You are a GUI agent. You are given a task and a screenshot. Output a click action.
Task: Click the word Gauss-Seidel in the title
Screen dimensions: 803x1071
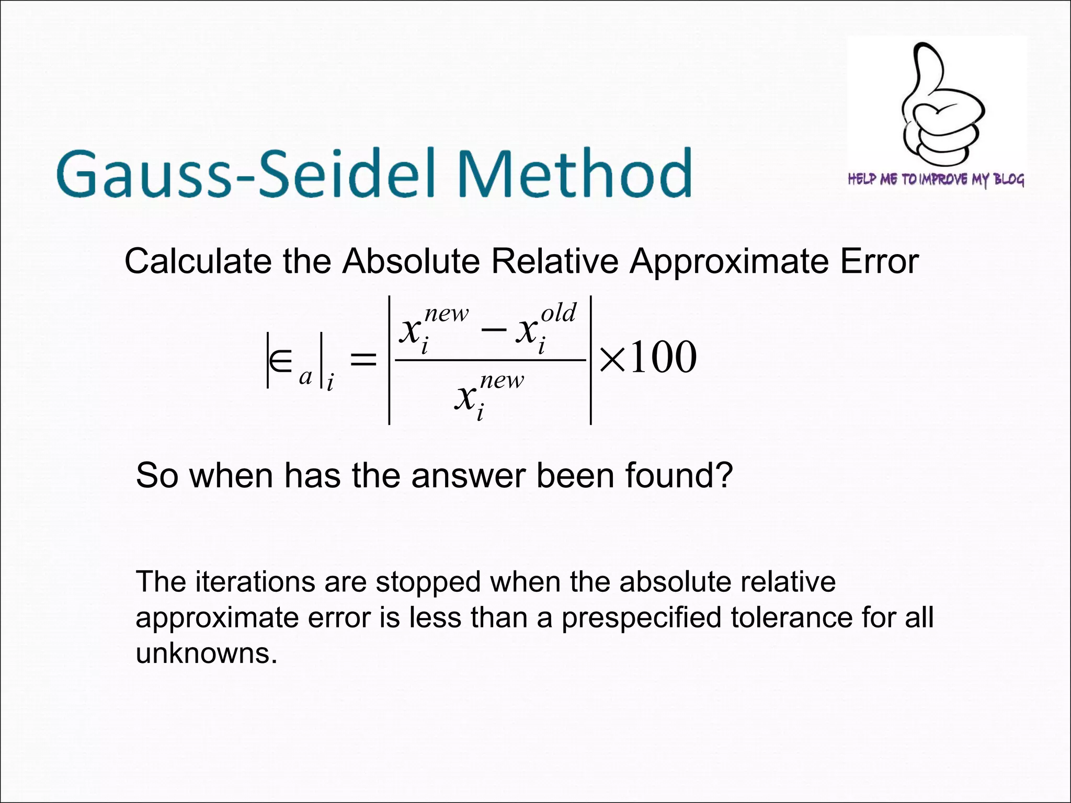point(246,173)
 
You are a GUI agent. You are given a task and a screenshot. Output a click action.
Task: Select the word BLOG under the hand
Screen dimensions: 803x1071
point(1009,179)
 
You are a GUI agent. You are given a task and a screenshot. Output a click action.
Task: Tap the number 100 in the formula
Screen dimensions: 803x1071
point(663,358)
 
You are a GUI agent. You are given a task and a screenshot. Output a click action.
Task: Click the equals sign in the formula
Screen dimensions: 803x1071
point(363,359)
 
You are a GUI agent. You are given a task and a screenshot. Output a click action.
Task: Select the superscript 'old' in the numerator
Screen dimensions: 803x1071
point(558,313)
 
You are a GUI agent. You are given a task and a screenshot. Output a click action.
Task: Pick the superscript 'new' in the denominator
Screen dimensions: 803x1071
point(502,380)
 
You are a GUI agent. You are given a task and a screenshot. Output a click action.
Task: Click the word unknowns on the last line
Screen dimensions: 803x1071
point(206,653)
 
